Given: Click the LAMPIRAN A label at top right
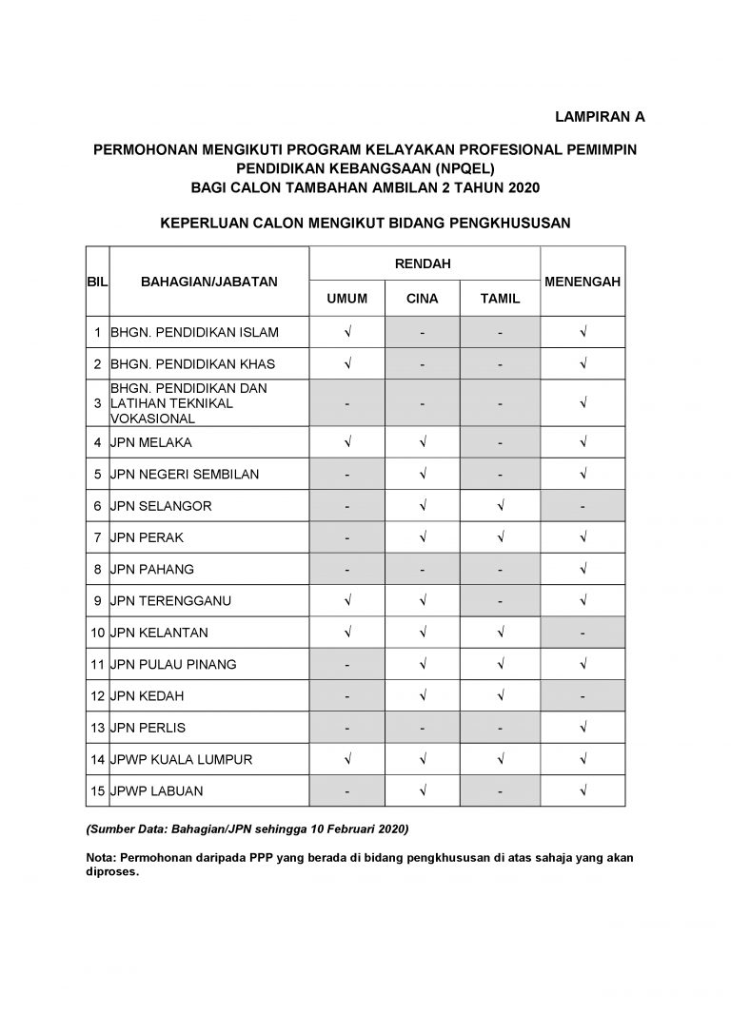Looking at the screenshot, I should [600, 117].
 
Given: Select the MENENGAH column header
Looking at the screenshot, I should [583, 282].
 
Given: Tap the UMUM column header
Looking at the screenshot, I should [347, 299].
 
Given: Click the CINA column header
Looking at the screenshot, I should [423, 299].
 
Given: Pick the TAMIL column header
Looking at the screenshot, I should [500, 299].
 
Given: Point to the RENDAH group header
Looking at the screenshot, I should [424, 263].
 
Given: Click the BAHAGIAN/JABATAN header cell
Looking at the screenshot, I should [208, 282].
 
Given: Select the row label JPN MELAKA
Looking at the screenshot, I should [151, 442].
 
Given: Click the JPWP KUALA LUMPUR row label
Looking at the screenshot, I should [180, 759].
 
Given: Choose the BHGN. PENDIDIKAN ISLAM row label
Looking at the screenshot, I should [194, 332].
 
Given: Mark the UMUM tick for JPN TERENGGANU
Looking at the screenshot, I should [347, 600].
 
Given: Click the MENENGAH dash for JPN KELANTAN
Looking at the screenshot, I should [583, 633].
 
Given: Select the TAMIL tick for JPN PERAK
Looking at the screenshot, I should [500, 537].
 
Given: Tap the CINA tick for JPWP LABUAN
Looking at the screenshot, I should [423, 790].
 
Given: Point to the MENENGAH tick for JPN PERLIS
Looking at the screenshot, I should [583, 728].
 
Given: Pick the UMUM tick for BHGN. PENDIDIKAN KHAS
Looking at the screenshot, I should [347, 363].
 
